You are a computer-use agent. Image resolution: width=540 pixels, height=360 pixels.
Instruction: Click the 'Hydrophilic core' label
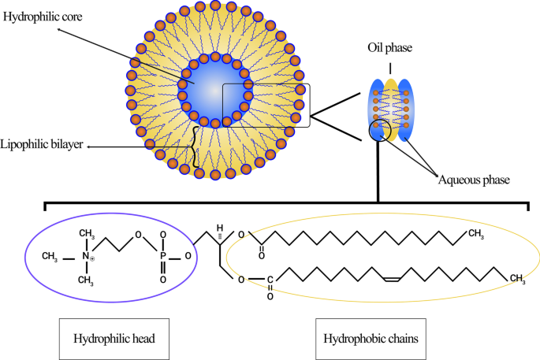click(x=36, y=16)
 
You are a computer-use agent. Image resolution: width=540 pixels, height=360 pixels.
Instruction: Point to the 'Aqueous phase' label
click(x=473, y=180)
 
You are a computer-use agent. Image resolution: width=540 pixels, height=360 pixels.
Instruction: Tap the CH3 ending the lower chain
click(x=517, y=277)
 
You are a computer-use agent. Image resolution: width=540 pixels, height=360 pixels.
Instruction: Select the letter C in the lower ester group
click(x=270, y=277)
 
